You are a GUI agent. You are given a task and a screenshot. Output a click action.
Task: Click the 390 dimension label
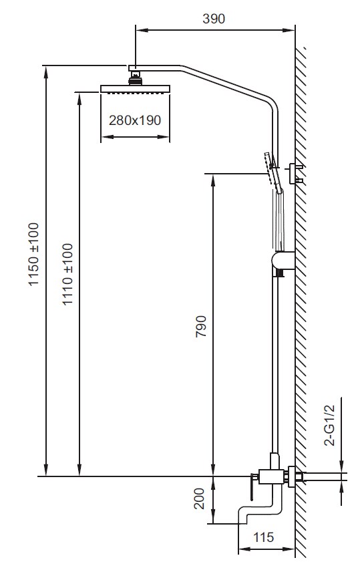click(214, 19)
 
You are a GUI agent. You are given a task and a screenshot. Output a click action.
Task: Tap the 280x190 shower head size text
click(135, 120)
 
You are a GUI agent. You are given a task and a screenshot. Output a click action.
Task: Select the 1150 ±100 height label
click(34, 254)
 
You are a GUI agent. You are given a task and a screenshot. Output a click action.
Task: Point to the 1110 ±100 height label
click(67, 274)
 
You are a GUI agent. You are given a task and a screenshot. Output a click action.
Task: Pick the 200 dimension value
click(200, 498)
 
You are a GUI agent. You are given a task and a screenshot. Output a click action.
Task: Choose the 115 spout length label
click(263, 537)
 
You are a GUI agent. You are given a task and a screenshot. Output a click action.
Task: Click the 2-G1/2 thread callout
click(331, 425)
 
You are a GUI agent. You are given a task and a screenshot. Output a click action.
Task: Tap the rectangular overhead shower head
click(135, 89)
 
